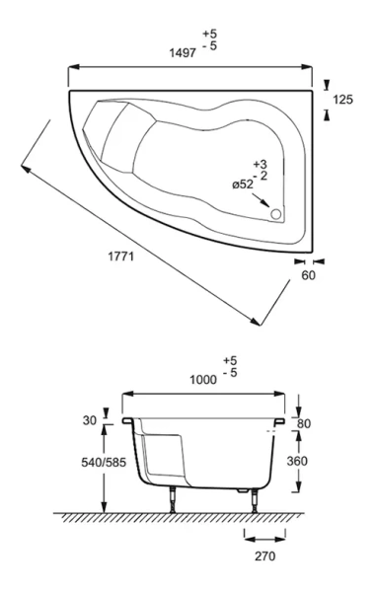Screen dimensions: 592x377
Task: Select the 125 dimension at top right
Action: (341, 100)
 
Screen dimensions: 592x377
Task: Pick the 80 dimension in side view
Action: (319, 424)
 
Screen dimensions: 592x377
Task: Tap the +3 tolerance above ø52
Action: (261, 163)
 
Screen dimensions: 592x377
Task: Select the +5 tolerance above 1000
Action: (230, 360)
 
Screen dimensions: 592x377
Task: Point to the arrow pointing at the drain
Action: (263, 200)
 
